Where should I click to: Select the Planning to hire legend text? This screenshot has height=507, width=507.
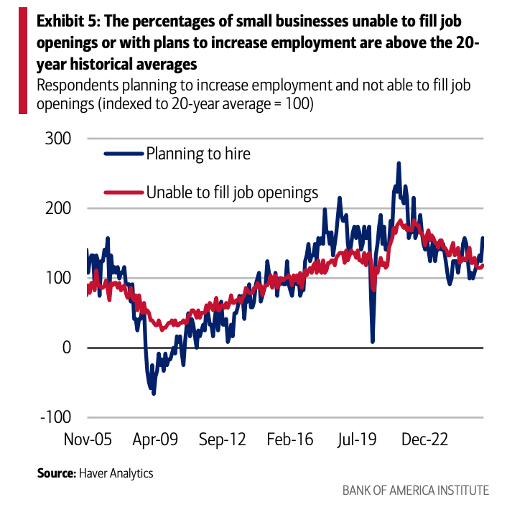pyautogui.click(x=198, y=153)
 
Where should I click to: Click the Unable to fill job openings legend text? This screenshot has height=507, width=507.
pyautogui.click(x=232, y=192)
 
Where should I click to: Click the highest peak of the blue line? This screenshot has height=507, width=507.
pyautogui.click(x=399, y=164)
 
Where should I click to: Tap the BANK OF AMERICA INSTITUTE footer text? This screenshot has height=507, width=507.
pyautogui.click(x=415, y=490)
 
